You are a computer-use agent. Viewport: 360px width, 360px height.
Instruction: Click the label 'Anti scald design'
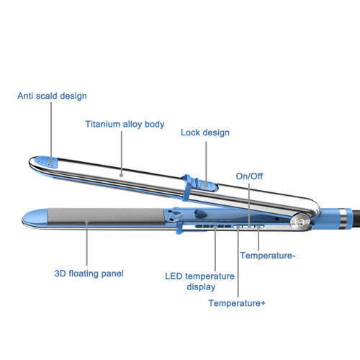[52, 96]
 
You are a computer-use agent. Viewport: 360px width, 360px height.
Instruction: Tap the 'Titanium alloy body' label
[125, 125]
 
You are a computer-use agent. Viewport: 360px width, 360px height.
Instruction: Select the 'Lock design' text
[205, 132]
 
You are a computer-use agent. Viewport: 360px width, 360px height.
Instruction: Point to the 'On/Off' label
[249, 176]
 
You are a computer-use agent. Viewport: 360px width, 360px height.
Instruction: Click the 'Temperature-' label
[268, 256]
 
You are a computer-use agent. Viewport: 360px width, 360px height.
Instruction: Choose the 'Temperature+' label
[237, 303]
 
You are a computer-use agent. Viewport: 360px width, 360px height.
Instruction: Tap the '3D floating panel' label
[89, 274]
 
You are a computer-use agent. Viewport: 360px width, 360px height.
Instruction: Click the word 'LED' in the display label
[174, 276]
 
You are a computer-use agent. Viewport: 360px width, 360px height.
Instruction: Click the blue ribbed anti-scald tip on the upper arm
[47, 162]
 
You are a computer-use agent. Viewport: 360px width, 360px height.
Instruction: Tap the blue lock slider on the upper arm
[207, 184]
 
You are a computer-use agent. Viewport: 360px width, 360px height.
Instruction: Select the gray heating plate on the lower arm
[106, 216]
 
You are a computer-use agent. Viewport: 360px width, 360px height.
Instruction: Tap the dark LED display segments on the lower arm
[213, 226]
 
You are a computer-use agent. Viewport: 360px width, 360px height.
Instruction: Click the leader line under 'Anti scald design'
[51, 132]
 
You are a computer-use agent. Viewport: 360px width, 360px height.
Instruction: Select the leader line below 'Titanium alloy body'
[122, 153]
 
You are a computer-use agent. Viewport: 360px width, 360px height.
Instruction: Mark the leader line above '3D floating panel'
[86, 243]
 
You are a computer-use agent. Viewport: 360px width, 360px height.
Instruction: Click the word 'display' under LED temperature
[201, 287]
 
